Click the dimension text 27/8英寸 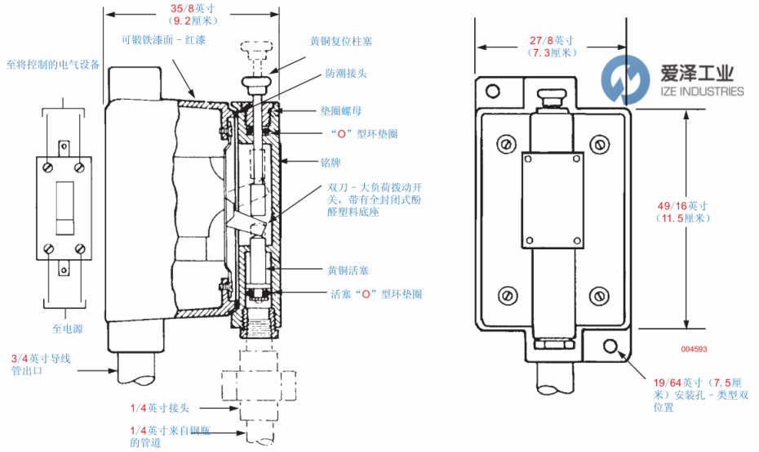click(x=551, y=39)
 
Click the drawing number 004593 click(x=694, y=350)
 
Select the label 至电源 click(x=68, y=329)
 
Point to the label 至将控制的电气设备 click(x=53, y=65)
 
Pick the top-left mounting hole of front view click(x=492, y=90)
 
